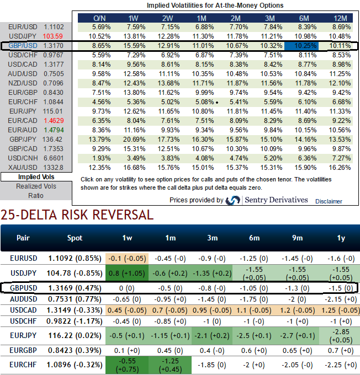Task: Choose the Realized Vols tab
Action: coord(36,186)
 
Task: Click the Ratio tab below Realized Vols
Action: coord(36,195)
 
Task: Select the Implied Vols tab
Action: coord(36,177)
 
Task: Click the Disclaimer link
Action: coord(329,201)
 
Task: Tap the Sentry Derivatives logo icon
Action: coord(232,200)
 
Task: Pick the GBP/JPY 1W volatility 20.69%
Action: coord(136,139)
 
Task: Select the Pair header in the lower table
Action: coord(23,238)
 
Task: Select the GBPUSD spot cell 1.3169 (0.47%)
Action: coord(75,287)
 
